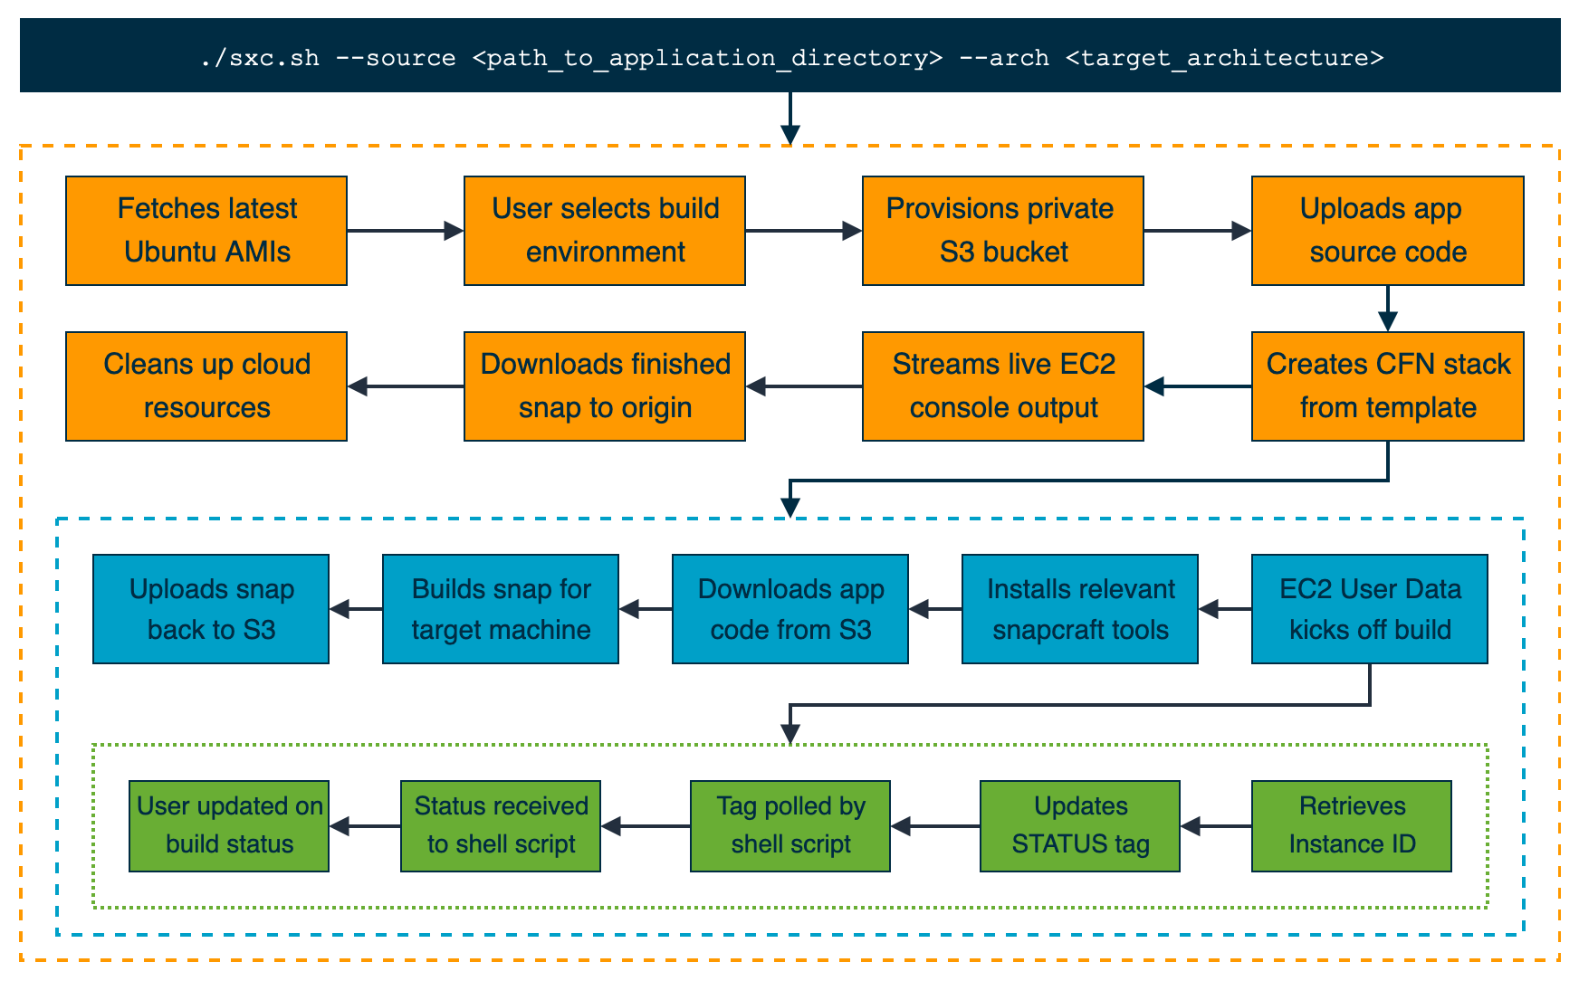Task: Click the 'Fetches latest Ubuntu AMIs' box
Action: (206, 231)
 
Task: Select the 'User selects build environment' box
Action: (605, 231)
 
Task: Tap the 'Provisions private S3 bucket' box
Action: (1003, 231)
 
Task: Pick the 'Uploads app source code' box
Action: (1388, 231)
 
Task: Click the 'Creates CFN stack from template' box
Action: (1388, 386)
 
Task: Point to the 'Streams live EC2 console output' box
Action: (1003, 386)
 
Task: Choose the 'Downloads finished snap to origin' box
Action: (605, 386)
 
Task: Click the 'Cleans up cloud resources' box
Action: (206, 386)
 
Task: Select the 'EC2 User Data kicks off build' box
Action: (1370, 609)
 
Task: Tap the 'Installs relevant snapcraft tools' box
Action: (1080, 609)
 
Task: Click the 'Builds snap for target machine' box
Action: (501, 609)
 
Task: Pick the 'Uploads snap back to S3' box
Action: (211, 609)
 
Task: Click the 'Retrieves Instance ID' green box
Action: (1352, 826)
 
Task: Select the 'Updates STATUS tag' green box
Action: (1080, 826)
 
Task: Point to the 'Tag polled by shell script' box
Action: (790, 826)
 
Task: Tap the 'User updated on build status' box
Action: (229, 826)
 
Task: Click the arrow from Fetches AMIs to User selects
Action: (406, 231)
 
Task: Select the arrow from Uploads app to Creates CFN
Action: (1388, 309)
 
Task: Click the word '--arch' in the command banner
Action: (1004, 58)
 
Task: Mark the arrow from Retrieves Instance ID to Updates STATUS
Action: (1216, 826)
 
